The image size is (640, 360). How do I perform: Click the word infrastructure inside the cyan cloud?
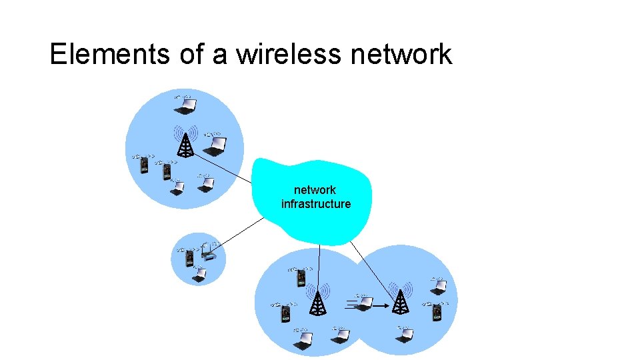pos(316,204)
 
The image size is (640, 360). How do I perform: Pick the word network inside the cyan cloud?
pos(315,190)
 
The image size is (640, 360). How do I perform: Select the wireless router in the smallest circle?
pos(209,254)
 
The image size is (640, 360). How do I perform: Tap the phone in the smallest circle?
pos(189,258)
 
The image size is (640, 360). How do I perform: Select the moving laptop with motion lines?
pos(364,303)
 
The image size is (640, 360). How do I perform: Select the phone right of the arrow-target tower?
pos(437,313)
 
